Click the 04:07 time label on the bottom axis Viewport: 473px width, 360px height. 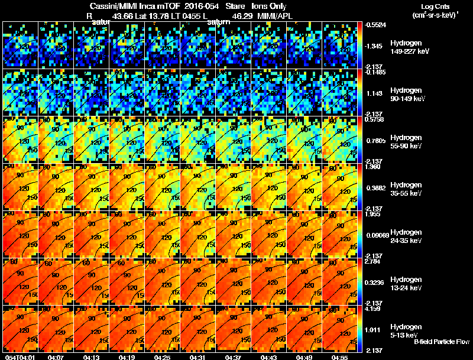tap(57, 357)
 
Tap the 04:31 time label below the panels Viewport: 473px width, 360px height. tap(199, 357)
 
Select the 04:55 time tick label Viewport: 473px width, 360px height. tap(339, 357)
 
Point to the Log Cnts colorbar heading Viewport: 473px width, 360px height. tap(435, 6)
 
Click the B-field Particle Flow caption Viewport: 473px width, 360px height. tap(441, 342)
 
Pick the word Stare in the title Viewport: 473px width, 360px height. tap(228, 6)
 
